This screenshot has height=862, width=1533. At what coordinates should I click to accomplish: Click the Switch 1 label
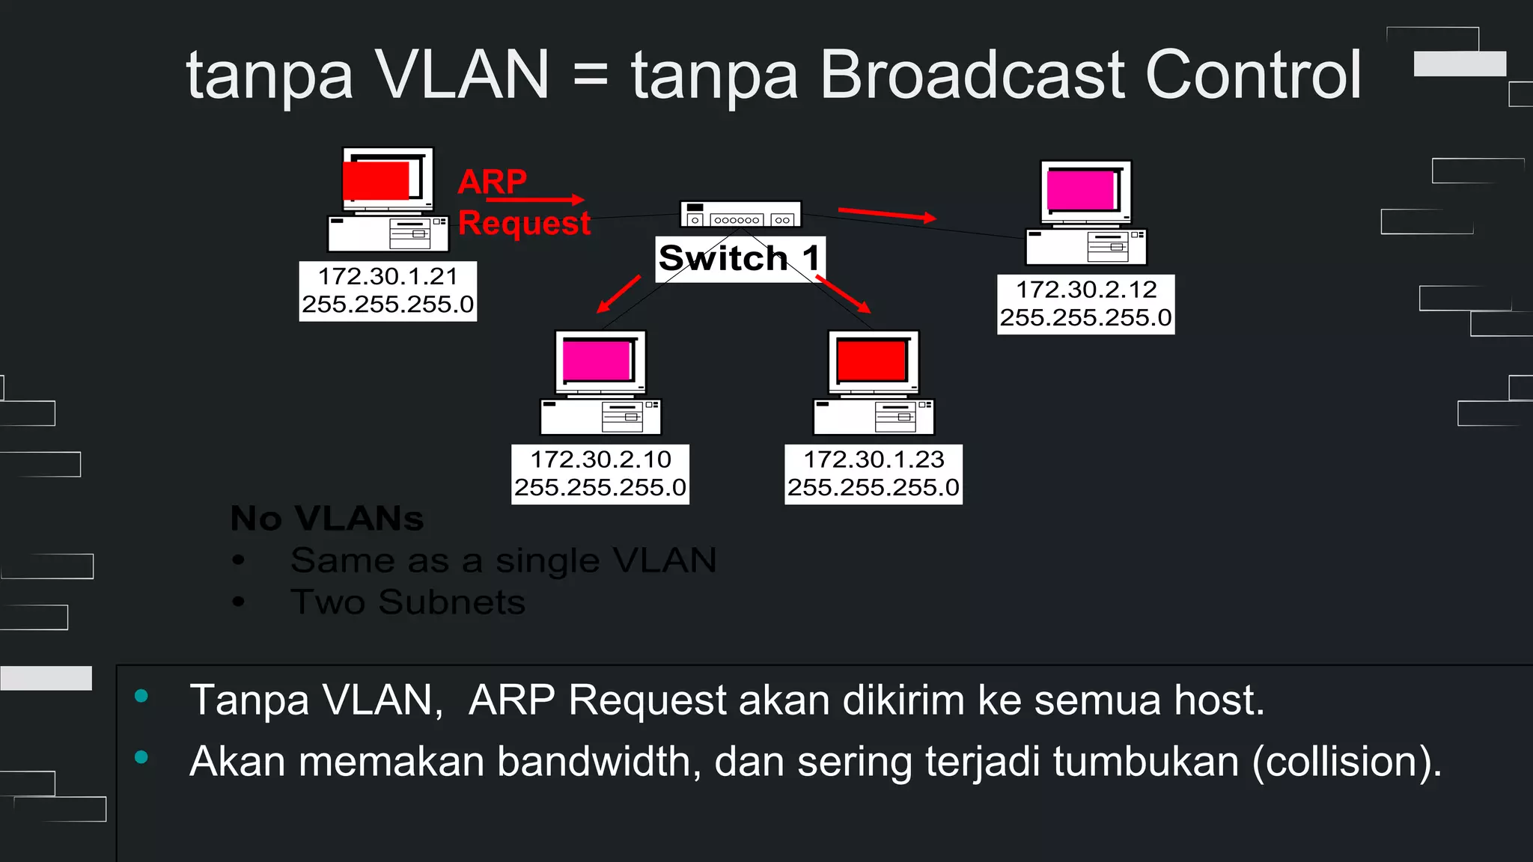click(x=740, y=259)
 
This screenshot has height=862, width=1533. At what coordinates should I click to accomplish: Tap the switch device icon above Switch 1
click(x=740, y=214)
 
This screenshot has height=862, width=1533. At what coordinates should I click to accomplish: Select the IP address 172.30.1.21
click(x=388, y=277)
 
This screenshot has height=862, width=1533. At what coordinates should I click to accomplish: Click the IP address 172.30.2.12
click(x=1085, y=290)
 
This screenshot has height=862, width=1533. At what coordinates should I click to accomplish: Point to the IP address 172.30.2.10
click(x=600, y=459)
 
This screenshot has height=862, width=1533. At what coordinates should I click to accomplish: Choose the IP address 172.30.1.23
click(x=874, y=459)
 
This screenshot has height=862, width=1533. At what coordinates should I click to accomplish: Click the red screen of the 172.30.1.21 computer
click(x=377, y=181)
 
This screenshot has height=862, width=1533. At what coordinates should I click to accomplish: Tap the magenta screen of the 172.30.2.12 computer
click(x=1081, y=190)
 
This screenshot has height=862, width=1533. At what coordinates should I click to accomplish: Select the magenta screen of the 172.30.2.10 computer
click(x=597, y=360)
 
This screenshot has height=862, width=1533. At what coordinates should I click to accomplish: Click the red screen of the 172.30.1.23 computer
click(x=871, y=360)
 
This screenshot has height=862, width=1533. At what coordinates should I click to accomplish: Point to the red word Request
click(x=524, y=223)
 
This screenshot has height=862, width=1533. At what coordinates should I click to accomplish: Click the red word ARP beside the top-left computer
click(x=492, y=181)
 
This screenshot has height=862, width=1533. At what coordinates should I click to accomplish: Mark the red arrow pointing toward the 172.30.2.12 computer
click(x=887, y=215)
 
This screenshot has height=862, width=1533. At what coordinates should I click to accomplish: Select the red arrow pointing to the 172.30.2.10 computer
click(x=618, y=294)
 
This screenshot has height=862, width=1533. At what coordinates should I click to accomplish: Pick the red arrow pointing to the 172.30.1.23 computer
click(x=844, y=294)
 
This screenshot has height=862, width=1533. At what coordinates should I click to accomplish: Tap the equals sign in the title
click(x=590, y=76)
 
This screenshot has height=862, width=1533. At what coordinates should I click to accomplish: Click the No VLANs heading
click(x=327, y=519)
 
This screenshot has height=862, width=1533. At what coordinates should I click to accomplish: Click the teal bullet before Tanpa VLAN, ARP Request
click(x=141, y=697)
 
